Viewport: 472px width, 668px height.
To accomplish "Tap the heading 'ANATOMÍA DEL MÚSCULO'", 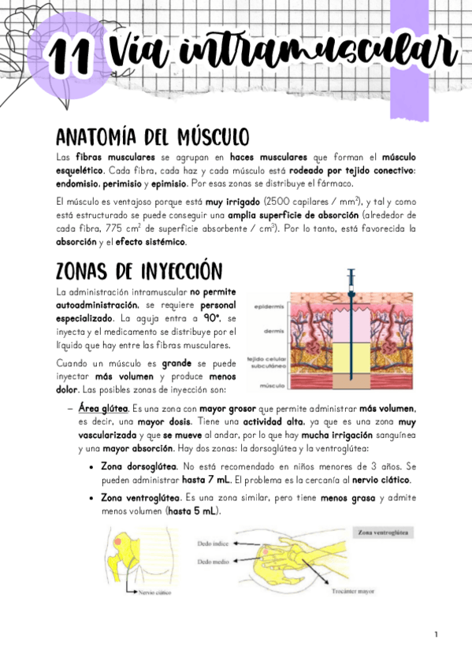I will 153,135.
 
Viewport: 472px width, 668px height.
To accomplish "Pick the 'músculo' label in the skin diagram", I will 270,386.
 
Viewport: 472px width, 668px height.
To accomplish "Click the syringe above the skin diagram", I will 349,284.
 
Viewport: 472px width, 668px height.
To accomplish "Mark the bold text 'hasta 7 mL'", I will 203,480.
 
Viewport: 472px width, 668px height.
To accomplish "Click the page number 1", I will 434,634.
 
